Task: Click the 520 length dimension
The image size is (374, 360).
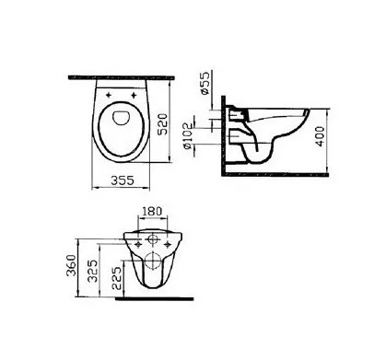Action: click(164, 124)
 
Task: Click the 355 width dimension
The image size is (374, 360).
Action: click(123, 180)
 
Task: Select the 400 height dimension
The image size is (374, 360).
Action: click(320, 136)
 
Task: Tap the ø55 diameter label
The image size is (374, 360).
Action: click(204, 83)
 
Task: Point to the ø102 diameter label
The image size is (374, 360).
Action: click(187, 136)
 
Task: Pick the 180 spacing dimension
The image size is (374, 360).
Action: click(151, 212)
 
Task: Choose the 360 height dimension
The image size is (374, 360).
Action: click(72, 265)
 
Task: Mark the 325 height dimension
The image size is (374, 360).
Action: click(93, 271)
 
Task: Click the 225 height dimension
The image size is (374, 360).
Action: click(116, 278)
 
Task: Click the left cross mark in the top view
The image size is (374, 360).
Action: click(109, 95)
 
